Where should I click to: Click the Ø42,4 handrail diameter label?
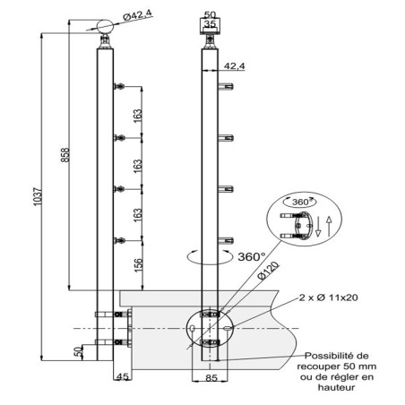click(138, 15)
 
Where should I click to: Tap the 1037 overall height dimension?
click(38, 196)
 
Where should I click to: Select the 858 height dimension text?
click(65, 155)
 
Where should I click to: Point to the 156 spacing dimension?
click(139, 265)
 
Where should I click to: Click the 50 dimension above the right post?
click(210, 14)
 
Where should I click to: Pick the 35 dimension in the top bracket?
click(210, 24)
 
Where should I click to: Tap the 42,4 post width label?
click(234, 66)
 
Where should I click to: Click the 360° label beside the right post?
click(252, 256)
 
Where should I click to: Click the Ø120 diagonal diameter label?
click(269, 271)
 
